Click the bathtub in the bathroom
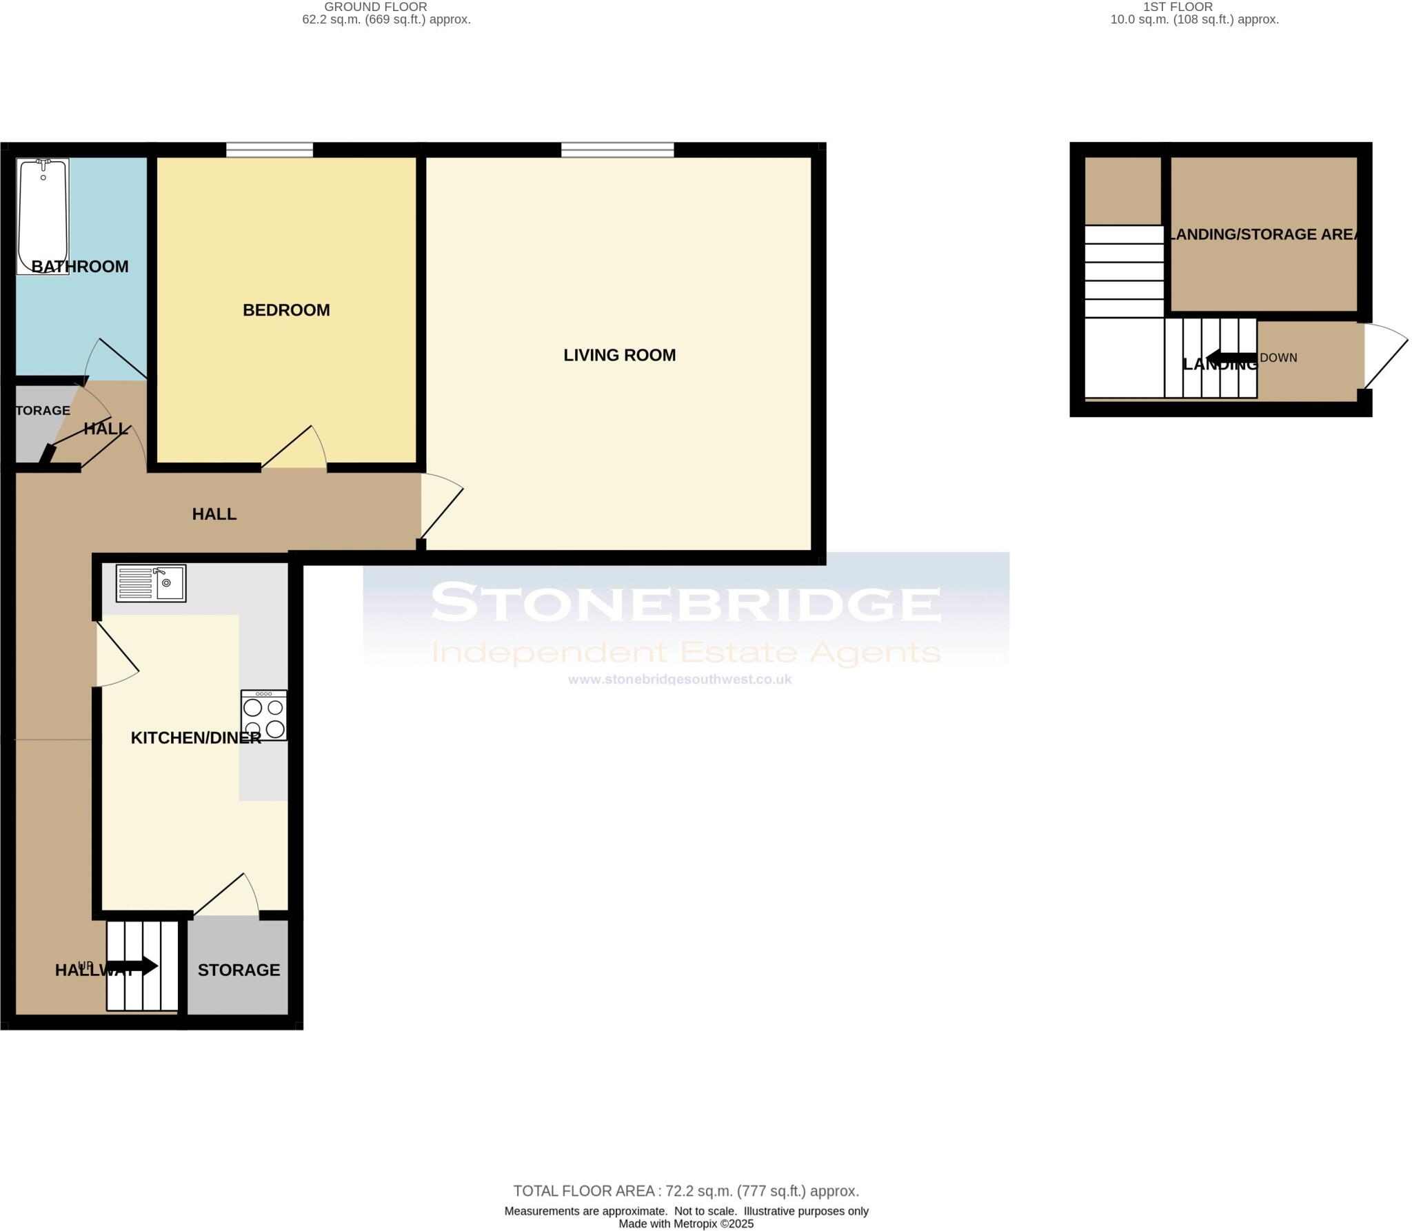[43, 215]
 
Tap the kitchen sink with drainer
[151, 583]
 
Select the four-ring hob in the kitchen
[264, 715]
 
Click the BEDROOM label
[286, 310]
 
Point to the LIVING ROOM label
[619, 355]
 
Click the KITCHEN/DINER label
[196, 738]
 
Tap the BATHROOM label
[80, 267]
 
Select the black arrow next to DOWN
[1231, 358]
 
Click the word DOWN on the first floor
[1279, 358]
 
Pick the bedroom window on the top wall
[270, 150]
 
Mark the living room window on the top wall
[618, 150]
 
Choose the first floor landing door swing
[1383, 362]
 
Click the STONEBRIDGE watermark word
[686, 603]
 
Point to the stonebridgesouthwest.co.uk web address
[680, 680]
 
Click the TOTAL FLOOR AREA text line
[686, 1191]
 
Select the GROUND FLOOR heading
[376, 7]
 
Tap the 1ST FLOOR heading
[1178, 7]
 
